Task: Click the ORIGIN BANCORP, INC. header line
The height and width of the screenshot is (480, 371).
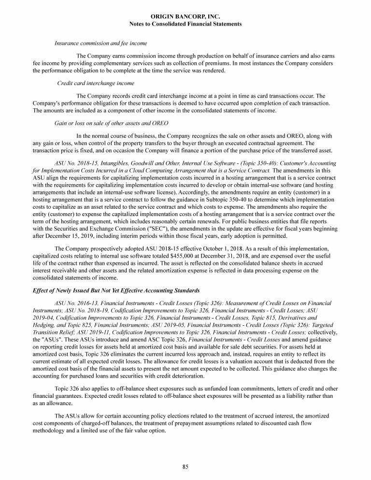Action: click(x=185, y=16)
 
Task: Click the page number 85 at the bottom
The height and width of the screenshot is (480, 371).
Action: click(x=185, y=466)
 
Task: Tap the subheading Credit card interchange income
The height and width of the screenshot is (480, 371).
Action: click(x=96, y=84)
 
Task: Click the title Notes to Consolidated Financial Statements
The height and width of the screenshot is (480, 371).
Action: click(x=185, y=24)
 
